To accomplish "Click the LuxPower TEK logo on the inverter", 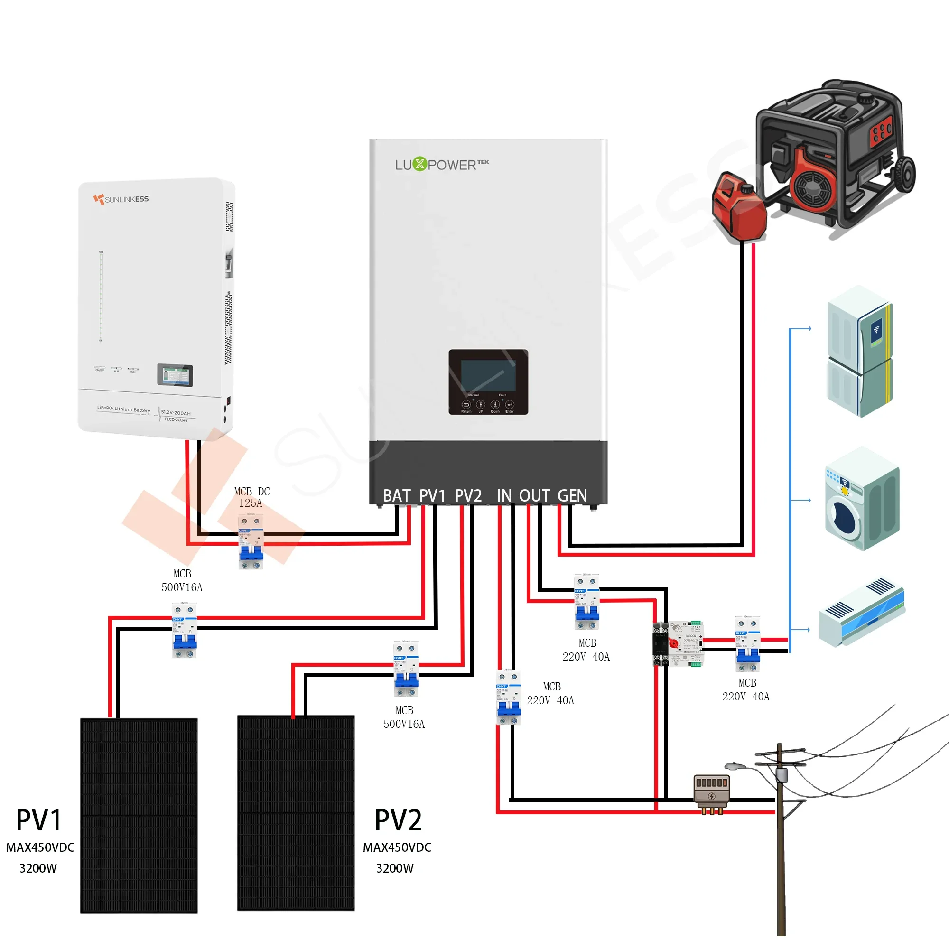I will tap(442, 164).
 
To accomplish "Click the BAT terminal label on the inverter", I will tap(396, 496).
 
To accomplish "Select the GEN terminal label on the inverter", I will tap(572, 496).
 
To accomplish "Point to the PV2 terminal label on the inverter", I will tap(468, 496).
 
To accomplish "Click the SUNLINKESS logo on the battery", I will tap(121, 199).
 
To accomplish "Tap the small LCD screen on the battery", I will tap(175, 375).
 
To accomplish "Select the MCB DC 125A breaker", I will tap(251, 542).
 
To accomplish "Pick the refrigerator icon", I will tap(860, 351).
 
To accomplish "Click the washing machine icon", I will tap(862, 499).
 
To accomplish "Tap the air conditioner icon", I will tap(862, 612).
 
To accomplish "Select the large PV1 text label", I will tap(38, 821).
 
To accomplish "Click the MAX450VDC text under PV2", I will tap(397, 847).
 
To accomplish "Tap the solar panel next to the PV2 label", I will tap(296, 813).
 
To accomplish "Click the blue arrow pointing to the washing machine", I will tap(800, 500).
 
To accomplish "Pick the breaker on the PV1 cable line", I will tap(184, 630).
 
